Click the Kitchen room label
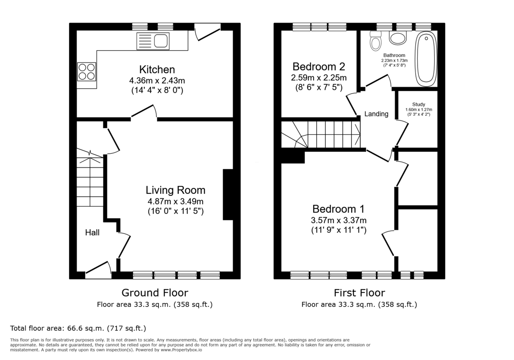tap(157, 69)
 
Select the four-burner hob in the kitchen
tap(86, 72)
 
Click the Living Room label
tap(175, 190)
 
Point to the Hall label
tap(92, 233)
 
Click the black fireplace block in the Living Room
tap(228, 195)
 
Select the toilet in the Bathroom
tap(376, 42)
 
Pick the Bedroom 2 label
tap(319, 67)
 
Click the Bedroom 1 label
tap(338, 209)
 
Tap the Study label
tap(418, 104)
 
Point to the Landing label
tap(376, 114)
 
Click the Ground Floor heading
tap(155, 293)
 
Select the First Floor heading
tap(359, 293)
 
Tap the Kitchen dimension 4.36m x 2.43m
tap(157, 81)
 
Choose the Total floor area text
tap(78, 328)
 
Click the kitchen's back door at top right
tap(207, 34)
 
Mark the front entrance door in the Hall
tap(99, 269)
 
